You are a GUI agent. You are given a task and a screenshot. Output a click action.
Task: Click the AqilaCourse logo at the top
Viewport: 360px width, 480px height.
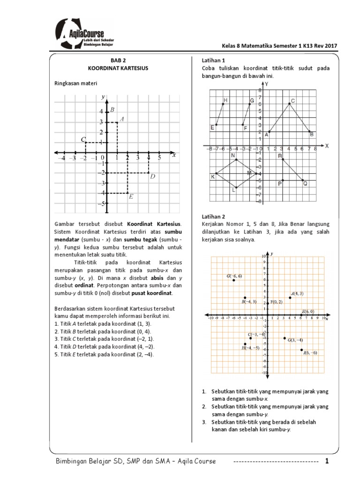pos(84,34)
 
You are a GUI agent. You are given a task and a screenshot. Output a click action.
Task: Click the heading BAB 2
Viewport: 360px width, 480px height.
pos(119,60)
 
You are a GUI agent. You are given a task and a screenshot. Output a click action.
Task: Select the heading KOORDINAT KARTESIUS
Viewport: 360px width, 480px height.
pos(119,68)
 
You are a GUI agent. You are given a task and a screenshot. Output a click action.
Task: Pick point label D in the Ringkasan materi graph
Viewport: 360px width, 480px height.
pos(152,177)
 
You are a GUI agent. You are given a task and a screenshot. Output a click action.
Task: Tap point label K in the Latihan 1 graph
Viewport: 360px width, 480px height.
pos(213,176)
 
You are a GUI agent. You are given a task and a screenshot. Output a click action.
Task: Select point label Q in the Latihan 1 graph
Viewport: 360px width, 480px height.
pos(305,184)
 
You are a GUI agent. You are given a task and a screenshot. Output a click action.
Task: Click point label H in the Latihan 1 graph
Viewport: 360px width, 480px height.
pos(225,100)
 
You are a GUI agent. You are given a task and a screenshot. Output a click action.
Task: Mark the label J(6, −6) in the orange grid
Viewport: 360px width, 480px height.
pos(310,352)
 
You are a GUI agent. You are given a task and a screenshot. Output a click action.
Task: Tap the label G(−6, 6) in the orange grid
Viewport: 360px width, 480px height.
pos(234,276)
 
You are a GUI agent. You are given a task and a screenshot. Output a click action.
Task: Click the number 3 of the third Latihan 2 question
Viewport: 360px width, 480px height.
pos(204,422)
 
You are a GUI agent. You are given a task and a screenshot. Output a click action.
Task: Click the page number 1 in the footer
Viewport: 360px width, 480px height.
pos(328,461)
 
